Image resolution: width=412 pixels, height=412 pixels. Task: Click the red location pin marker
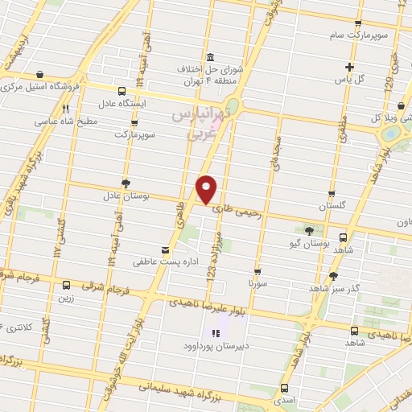click(207, 188)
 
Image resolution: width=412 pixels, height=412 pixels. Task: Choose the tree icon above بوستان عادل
click(126, 183)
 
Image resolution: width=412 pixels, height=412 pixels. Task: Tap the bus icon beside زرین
click(65, 284)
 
